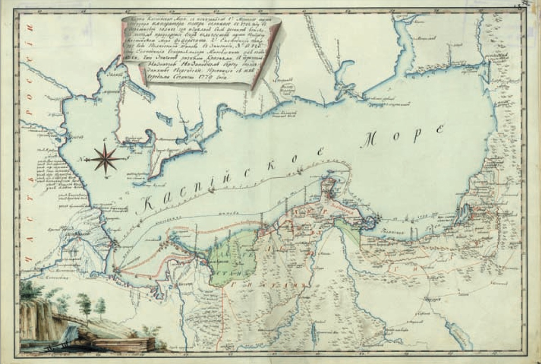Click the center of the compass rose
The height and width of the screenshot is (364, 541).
coord(105,159)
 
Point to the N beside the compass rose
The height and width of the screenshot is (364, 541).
coord(84,159)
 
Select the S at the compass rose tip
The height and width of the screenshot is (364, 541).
coord(128,158)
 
